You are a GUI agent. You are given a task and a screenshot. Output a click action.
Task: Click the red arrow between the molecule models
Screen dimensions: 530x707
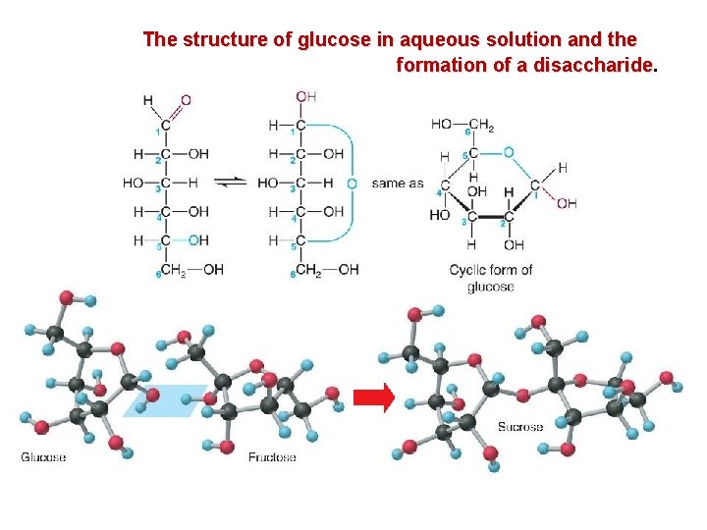[374, 397]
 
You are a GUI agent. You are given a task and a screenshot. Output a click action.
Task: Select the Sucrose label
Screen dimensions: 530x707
[520, 426]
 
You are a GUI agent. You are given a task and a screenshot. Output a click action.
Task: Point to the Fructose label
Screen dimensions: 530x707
[272, 457]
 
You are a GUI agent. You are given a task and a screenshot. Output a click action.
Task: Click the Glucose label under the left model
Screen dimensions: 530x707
[44, 457]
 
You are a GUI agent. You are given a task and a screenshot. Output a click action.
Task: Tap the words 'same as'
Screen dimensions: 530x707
[398, 183]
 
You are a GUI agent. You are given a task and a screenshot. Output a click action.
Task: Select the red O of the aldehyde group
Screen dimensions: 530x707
[186, 100]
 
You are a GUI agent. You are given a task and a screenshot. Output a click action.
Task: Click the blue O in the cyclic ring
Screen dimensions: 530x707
[508, 152]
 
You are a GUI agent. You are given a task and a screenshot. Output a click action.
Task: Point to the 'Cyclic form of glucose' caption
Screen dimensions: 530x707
[491, 278]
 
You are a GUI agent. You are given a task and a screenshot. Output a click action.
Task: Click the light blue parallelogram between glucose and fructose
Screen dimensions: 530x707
[167, 400]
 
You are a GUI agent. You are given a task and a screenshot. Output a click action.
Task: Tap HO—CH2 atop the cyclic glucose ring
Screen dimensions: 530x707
[461, 125]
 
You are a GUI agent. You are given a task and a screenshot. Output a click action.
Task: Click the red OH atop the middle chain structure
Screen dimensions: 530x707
[305, 96]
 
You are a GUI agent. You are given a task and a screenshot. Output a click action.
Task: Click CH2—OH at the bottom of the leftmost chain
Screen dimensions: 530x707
[191, 270]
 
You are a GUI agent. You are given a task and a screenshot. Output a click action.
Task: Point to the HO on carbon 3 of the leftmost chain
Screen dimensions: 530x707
[133, 183]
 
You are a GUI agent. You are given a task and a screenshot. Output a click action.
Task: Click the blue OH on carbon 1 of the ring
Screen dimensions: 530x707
[567, 203]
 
